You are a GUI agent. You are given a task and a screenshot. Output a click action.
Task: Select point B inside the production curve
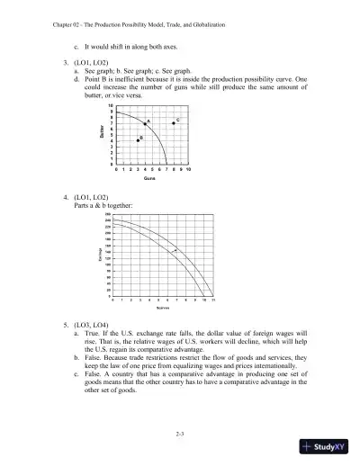coord(138,140)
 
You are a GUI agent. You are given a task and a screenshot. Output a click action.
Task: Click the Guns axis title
coord(150,179)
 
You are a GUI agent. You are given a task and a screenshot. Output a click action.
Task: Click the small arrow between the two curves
coord(176,249)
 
